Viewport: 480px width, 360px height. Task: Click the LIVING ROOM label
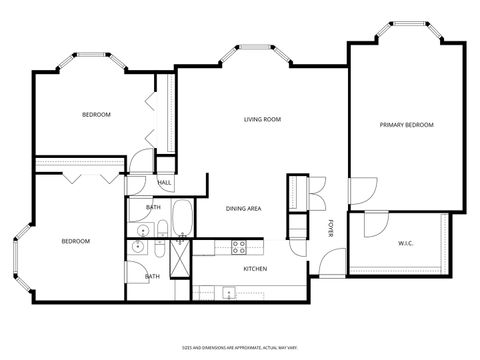point(262,120)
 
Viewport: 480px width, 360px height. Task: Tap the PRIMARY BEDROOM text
point(406,125)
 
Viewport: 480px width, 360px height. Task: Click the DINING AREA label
point(243,208)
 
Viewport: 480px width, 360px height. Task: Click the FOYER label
point(331,229)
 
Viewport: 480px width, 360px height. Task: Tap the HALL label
point(164,183)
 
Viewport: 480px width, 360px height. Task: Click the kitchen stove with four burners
point(240,247)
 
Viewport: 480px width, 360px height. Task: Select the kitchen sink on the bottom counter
point(229,293)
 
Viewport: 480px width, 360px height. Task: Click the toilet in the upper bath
point(159,230)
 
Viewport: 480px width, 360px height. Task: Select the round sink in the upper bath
point(138,245)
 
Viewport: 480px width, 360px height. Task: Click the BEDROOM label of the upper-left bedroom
point(96,115)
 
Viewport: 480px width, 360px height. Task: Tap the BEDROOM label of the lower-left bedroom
point(75,241)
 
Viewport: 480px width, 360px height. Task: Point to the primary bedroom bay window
point(406,31)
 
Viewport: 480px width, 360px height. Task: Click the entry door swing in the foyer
point(327,268)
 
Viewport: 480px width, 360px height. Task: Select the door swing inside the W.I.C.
point(375,224)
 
